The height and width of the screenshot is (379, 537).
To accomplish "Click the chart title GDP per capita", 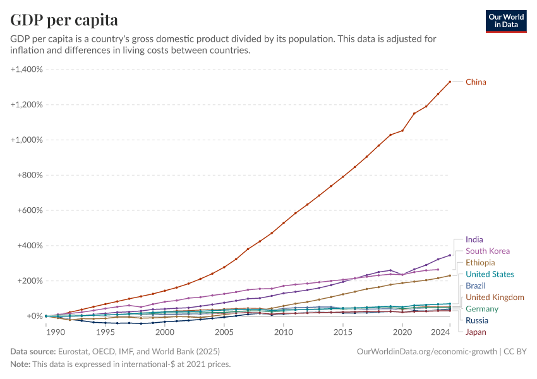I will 64,20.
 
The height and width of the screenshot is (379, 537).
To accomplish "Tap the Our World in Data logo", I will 506,21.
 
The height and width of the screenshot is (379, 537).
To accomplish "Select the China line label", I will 476,82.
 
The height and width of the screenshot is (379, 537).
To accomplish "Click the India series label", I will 474,240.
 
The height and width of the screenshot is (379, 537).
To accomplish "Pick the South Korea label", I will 487,251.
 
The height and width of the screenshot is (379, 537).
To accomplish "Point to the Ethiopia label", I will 480,263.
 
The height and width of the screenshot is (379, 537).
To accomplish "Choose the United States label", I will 490,274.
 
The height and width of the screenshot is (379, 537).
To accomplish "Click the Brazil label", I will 476,286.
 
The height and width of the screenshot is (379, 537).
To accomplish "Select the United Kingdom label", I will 495,298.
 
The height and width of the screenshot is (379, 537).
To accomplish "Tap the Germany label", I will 482,309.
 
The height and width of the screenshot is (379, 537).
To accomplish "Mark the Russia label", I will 477,320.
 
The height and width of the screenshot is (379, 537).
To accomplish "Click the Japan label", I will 476,332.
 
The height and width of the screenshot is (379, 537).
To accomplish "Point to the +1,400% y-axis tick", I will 27,69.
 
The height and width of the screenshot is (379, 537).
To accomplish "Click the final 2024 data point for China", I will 450,81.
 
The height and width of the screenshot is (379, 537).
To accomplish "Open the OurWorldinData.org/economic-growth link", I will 427,351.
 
